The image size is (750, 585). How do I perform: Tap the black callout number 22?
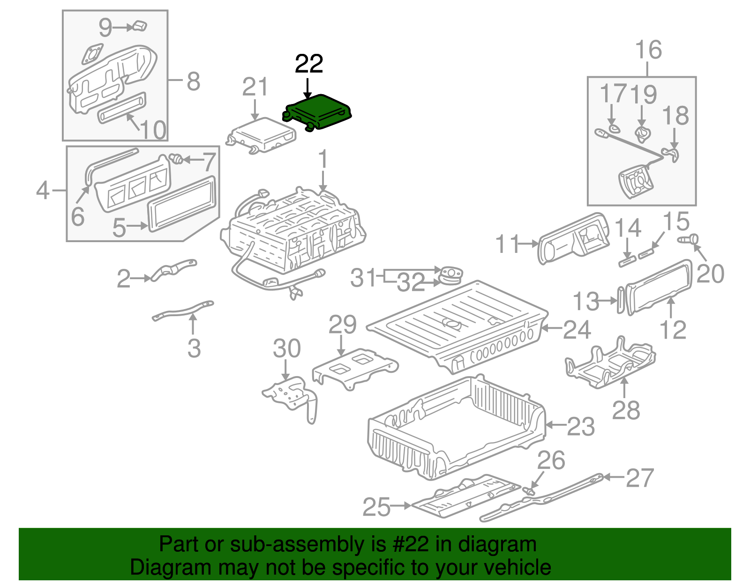point(309,64)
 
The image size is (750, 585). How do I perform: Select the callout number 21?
point(255,87)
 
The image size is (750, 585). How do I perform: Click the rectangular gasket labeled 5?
point(183,204)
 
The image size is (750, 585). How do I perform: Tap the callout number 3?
point(194,348)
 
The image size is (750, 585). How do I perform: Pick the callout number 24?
point(577,330)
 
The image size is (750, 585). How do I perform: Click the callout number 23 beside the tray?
point(581,427)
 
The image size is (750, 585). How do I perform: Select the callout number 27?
point(640,478)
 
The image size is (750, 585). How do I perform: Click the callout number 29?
point(342,325)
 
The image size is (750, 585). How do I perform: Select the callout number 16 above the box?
point(649,50)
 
